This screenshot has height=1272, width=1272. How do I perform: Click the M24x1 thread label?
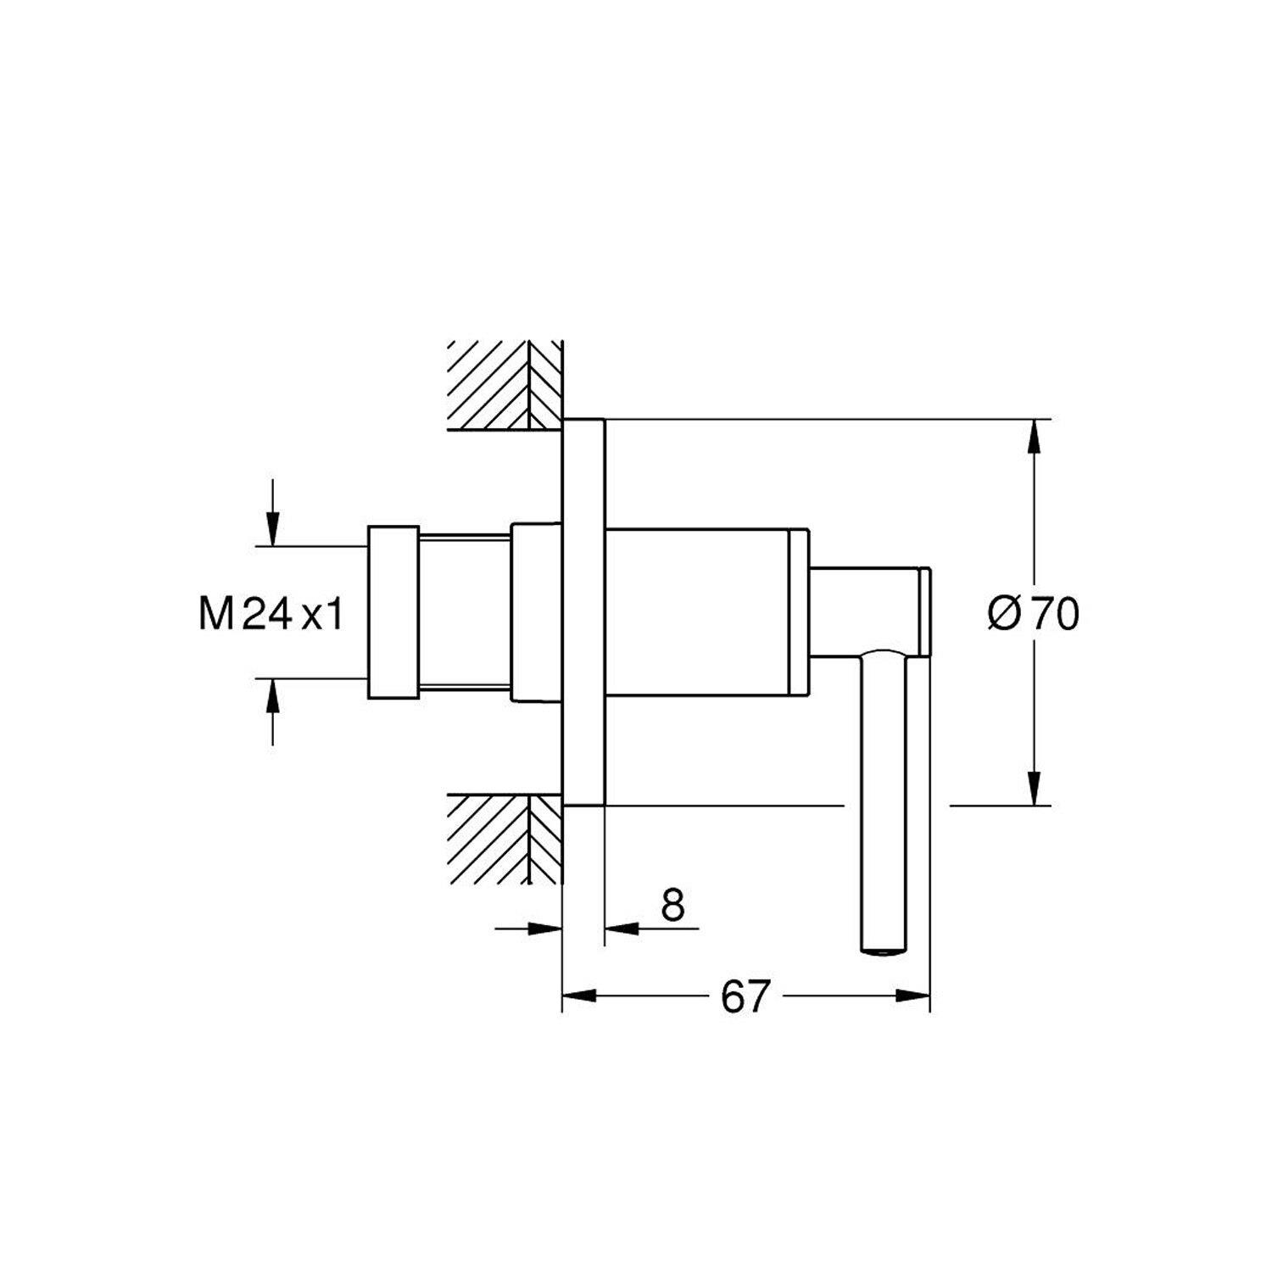pyautogui.click(x=271, y=614)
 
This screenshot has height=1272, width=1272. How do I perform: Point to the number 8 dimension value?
pyautogui.click(x=672, y=905)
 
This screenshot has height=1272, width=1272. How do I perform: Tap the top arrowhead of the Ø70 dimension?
pyautogui.click(x=1034, y=438)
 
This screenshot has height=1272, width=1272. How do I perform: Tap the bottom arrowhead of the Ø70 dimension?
pyautogui.click(x=1034, y=786)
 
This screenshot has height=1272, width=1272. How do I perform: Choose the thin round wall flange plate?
pyautogui.click(x=583, y=611)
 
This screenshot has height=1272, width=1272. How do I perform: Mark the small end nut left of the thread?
pyautogui.click(x=393, y=612)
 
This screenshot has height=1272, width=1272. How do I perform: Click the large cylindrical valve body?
pyautogui.click(x=706, y=612)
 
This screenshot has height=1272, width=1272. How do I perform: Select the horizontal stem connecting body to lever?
pyautogui.click(x=869, y=611)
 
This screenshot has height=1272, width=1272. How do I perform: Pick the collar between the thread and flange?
pyautogui.click(x=537, y=611)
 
